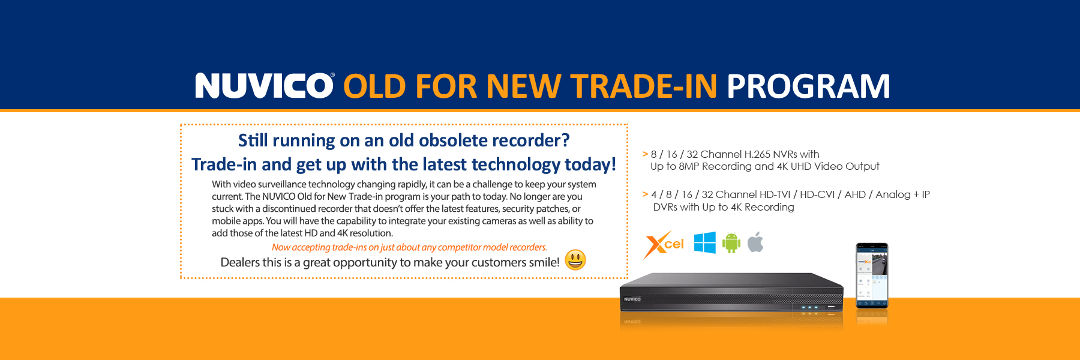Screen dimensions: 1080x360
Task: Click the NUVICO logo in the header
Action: [x=264, y=86]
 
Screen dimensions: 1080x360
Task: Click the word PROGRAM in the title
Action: [x=808, y=86]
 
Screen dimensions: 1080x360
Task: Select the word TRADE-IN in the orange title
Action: [x=643, y=86]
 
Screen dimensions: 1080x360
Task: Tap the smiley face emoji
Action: [x=575, y=260]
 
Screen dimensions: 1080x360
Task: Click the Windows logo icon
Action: [x=704, y=243]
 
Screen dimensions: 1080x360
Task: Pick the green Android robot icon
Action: [x=731, y=243]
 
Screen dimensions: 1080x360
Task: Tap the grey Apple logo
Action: [x=755, y=242]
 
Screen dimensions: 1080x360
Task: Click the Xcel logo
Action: [x=664, y=245]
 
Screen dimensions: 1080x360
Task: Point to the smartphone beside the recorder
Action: [x=872, y=276]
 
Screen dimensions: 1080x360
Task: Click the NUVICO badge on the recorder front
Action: [x=632, y=299]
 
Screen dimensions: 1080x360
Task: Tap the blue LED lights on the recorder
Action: [x=809, y=307]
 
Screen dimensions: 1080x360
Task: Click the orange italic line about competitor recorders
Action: [x=409, y=247]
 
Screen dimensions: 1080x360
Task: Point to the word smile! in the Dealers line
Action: [x=543, y=262]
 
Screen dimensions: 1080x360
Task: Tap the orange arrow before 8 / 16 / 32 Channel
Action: [x=645, y=154]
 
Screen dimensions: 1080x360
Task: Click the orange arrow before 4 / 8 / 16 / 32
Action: [x=645, y=194]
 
